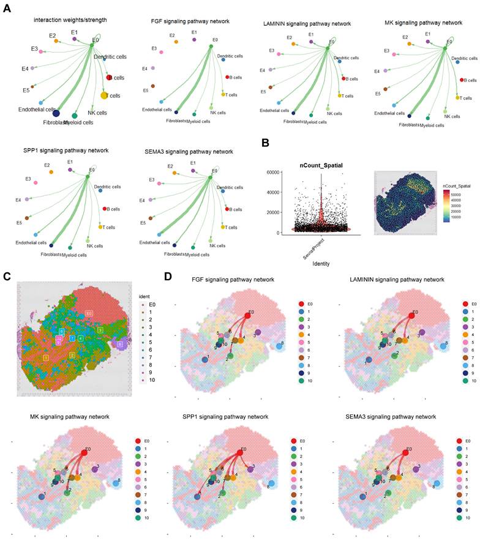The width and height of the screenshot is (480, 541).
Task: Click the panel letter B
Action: (265, 143)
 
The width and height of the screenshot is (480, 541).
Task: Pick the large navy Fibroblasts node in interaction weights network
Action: (56, 113)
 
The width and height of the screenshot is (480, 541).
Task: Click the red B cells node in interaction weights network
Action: (109, 77)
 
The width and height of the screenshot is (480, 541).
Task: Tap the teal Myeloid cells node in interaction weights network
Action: (75, 115)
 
